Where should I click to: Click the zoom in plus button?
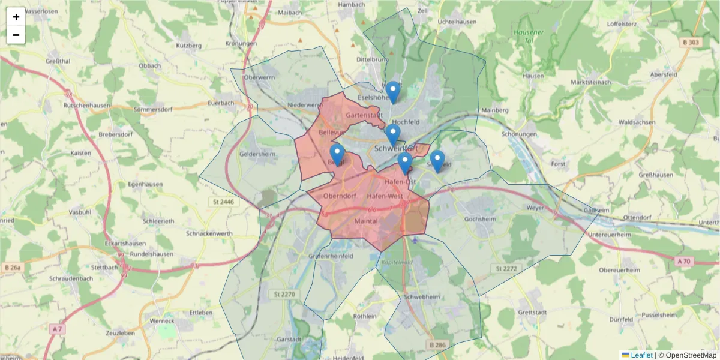[16, 17]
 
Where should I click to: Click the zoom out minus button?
[16, 35]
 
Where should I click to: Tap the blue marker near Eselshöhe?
[393, 92]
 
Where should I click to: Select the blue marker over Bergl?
[337, 154]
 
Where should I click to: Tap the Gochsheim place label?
[481, 219]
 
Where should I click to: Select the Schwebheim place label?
[422, 297]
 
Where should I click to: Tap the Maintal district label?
[366, 221]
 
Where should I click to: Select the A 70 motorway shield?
[685, 262]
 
